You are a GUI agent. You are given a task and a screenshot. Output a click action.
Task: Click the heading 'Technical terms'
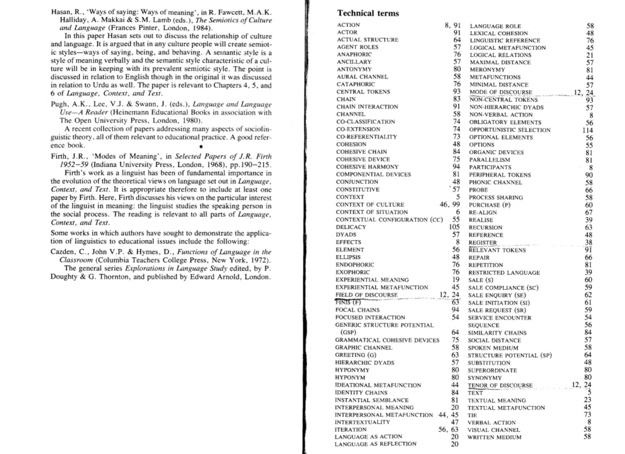click(x=368, y=13)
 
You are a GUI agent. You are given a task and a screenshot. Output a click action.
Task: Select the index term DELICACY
click(x=351, y=227)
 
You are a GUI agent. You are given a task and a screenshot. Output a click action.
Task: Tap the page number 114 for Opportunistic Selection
click(x=587, y=130)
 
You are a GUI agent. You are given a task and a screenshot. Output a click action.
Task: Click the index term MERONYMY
click(x=487, y=70)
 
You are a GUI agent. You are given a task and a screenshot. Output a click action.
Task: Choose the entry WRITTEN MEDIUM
click(x=494, y=437)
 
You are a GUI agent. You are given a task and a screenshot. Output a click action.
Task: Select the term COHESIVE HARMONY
click(x=367, y=167)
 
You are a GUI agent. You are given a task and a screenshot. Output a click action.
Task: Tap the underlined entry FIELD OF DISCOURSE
click(x=366, y=295)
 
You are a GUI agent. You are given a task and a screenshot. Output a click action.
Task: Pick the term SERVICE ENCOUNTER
click(x=500, y=318)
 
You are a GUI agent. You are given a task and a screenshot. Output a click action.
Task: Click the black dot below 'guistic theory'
click(x=201, y=147)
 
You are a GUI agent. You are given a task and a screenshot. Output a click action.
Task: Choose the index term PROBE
click(x=478, y=190)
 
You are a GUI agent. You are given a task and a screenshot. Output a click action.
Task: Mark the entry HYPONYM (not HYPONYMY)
click(x=350, y=378)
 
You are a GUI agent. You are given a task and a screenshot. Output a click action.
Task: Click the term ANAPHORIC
click(x=354, y=55)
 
